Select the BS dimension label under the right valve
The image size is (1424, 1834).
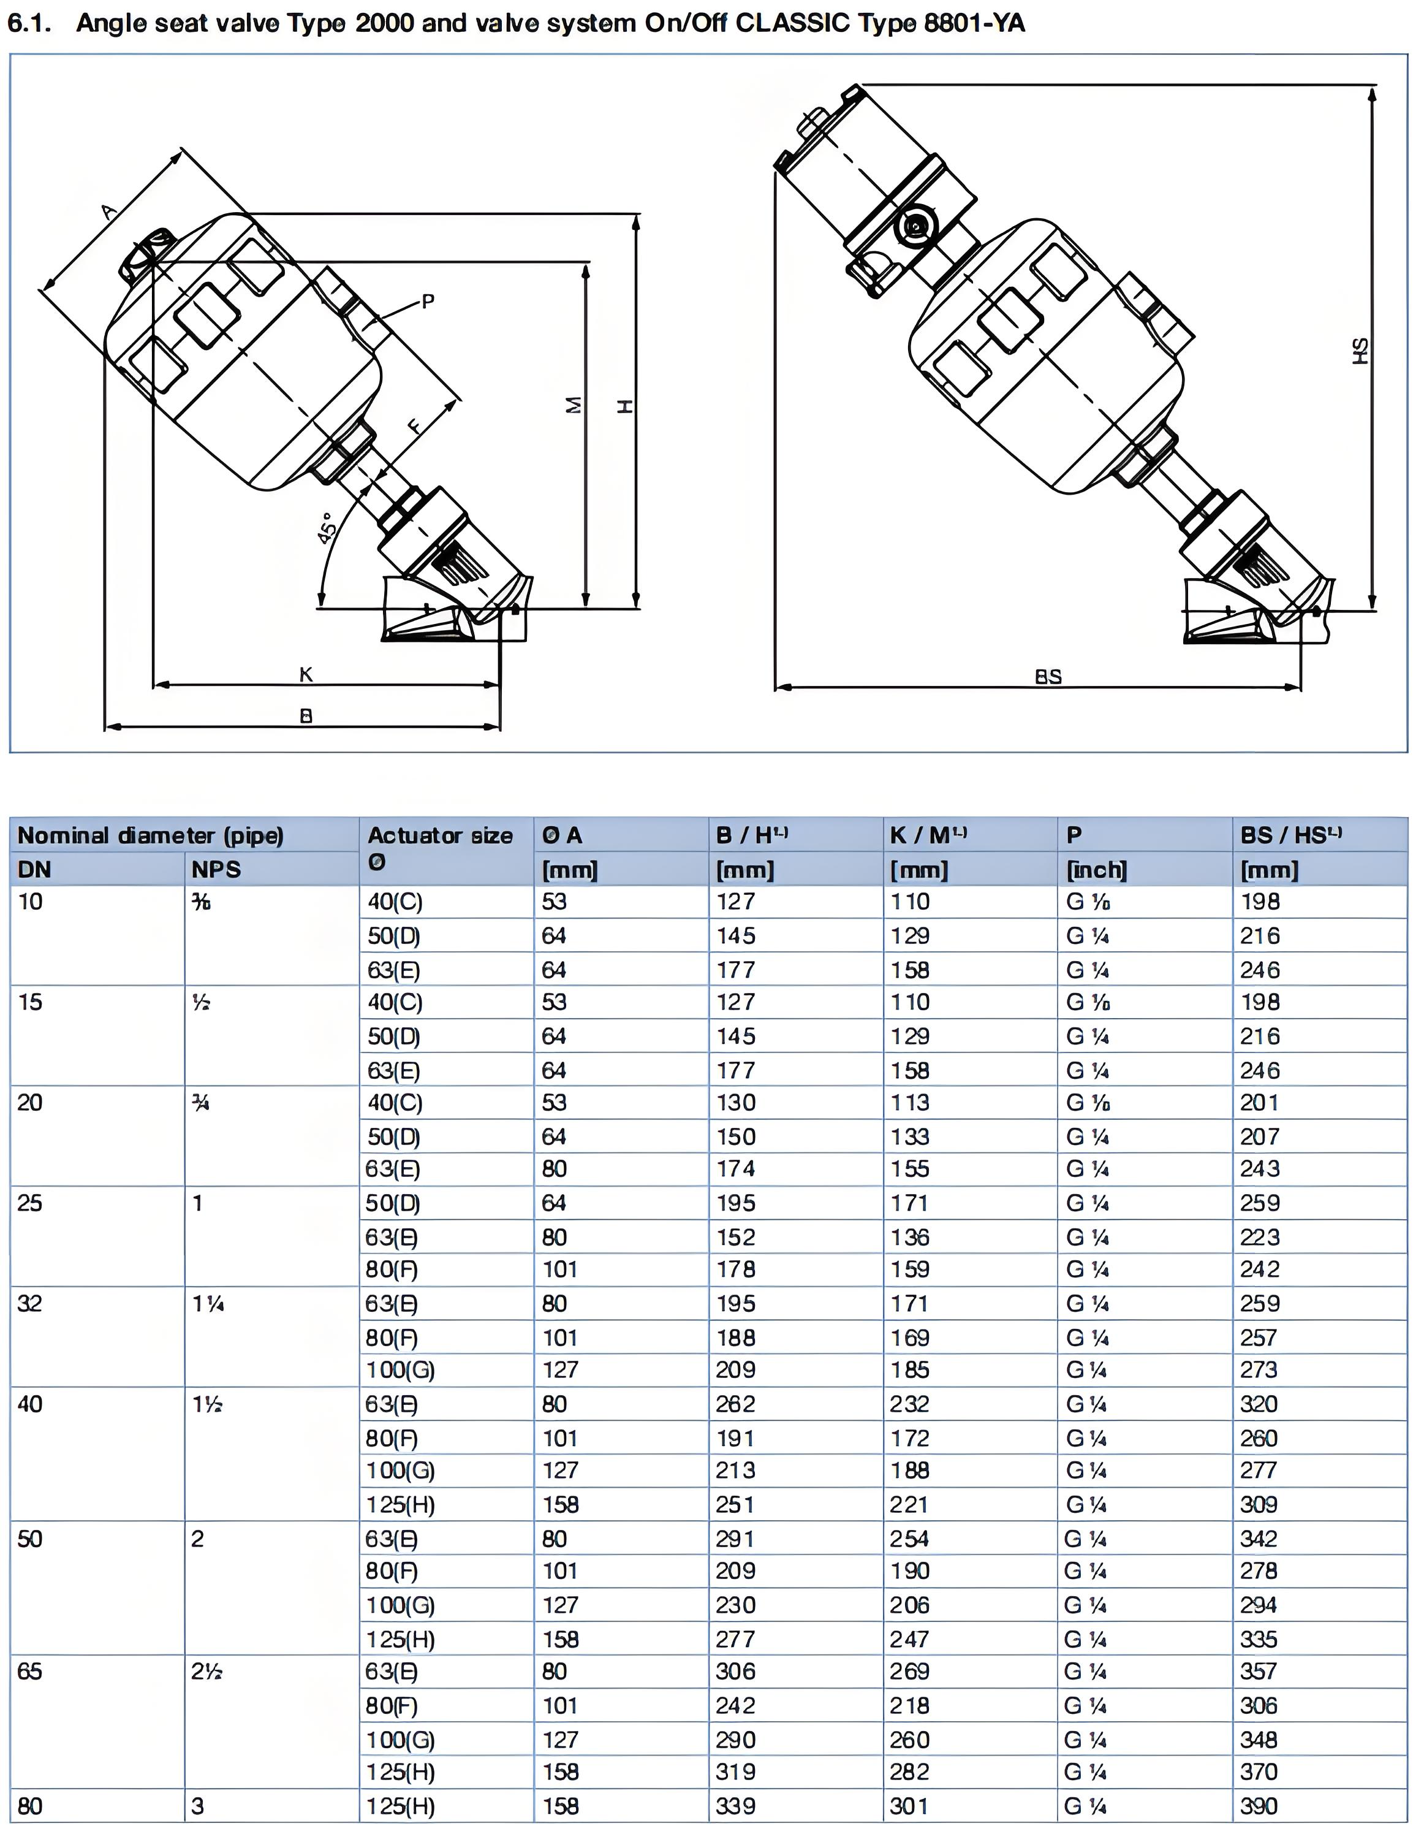[x=1048, y=676]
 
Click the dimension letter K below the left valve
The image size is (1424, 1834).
[x=306, y=674]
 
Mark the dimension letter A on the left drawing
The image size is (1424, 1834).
[x=109, y=211]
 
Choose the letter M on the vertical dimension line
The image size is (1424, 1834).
[x=574, y=405]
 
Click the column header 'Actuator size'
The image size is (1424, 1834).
[x=440, y=835]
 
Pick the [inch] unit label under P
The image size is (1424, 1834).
[x=1096, y=870]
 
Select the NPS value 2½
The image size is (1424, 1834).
[x=206, y=1671]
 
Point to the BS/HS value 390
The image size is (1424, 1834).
[x=1259, y=1805]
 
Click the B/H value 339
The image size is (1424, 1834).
[x=735, y=1805]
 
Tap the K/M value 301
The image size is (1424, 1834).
[x=909, y=1805]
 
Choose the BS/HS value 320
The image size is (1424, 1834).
[x=1259, y=1404]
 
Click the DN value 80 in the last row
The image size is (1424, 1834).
[x=29, y=1805]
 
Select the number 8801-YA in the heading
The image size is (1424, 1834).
[x=974, y=23]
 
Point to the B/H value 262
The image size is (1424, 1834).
[x=735, y=1404]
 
